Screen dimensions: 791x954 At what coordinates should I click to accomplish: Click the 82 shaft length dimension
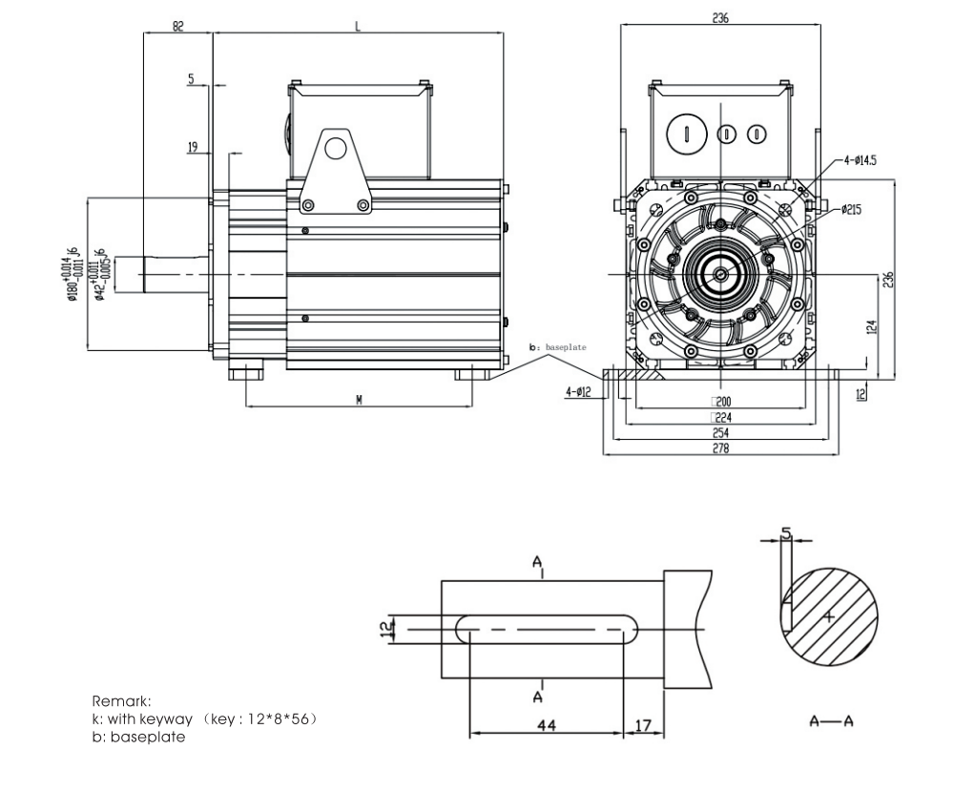[178, 27]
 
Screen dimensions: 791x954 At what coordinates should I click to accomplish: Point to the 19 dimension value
[193, 147]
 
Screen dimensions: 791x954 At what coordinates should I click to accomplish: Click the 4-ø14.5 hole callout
[856, 160]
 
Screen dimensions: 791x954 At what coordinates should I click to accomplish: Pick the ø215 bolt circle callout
[852, 209]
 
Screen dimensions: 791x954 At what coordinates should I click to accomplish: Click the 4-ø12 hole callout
[579, 391]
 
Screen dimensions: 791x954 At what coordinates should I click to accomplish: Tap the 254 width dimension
[720, 432]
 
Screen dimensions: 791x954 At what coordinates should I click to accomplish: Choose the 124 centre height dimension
[872, 326]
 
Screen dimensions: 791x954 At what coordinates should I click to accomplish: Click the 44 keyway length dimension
[547, 726]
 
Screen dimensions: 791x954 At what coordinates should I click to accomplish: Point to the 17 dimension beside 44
[643, 726]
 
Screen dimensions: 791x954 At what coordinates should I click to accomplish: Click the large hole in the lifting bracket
[335, 148]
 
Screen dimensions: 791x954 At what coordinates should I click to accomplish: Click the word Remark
[122, 700]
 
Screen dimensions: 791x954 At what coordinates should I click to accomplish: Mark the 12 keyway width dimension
[386, 630]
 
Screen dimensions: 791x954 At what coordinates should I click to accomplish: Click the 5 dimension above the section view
[785, 534]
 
